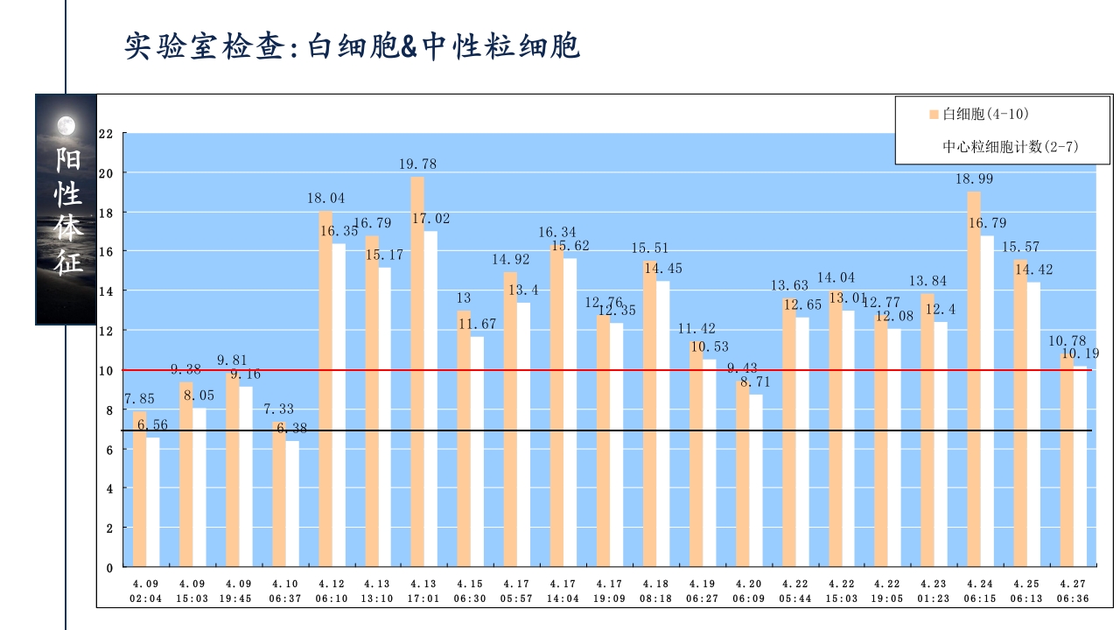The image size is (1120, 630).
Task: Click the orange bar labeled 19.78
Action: point(417,371)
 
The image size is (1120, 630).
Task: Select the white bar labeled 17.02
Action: point(430,398)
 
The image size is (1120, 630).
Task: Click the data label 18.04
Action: point(325,199)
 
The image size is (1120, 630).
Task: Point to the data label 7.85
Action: point(139,399)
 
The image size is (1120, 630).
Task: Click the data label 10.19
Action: point(1081,353)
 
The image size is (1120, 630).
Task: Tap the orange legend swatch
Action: point(934,115)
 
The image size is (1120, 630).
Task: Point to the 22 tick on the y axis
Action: point(107,134)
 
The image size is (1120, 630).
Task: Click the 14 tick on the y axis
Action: point(107,291)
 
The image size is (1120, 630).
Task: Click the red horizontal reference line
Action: point(612,370)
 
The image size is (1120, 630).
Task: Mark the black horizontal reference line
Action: point(612,430)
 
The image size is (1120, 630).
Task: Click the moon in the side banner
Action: point(66,126)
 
